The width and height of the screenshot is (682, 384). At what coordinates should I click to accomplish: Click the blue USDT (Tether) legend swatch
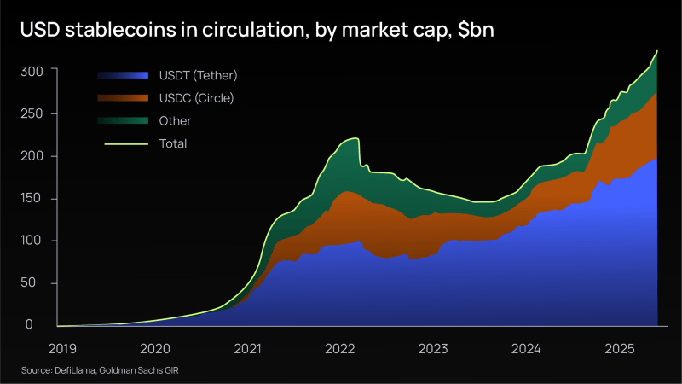click(x=123, y=75)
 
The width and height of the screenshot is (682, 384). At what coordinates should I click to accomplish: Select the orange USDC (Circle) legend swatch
click(x=123, y=98)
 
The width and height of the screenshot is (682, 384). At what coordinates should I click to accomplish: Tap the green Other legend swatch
click(x=123, y=121)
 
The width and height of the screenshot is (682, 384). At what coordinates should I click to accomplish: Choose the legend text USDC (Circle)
click(x=196, y=98)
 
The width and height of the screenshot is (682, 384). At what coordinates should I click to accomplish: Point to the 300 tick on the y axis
click(x=32, y=71)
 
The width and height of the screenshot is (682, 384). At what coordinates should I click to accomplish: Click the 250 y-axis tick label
click(x=32, y=113)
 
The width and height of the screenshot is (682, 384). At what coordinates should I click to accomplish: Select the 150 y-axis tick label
click(x=32, y=198)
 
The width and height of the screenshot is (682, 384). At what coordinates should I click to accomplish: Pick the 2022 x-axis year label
click(x=340, y=348)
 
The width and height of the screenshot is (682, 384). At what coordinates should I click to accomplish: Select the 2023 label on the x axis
click(x=433, y=348)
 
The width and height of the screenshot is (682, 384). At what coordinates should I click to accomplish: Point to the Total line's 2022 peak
click(x=355, y=138)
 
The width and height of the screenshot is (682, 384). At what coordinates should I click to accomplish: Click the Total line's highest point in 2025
click(x=657, y=51)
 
